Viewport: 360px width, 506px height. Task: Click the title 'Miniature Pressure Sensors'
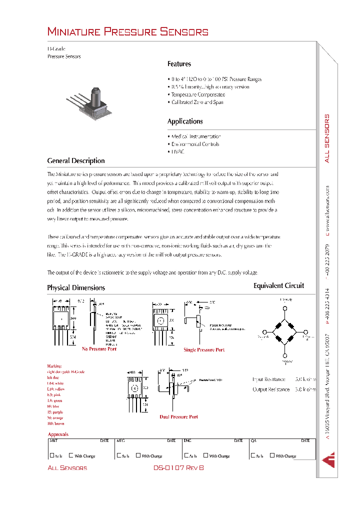(127, 32)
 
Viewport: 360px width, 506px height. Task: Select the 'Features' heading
(179, 64)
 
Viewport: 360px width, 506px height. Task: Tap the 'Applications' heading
(185, 121)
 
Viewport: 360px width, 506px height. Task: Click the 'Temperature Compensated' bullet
(197, 94)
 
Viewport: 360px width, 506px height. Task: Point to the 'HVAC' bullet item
(177, 151)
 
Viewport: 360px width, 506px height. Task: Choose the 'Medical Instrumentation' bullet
(195, 136)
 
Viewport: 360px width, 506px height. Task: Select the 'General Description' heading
(76, 161)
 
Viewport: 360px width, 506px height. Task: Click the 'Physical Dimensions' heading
(76, 288)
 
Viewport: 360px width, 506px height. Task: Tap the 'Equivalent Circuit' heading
(278, 286)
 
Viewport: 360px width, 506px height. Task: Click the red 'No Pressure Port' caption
(99, 348)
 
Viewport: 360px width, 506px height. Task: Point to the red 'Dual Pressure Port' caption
(178, 416)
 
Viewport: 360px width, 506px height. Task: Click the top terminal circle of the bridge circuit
(285, 308)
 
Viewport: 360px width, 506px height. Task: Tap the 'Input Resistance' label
(269, 379)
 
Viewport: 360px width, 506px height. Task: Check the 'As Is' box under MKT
(51, 455)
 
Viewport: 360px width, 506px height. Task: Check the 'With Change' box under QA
(272, 455)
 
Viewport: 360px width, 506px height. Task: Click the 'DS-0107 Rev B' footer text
(178, 468)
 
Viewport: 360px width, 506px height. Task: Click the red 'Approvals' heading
(58, 434)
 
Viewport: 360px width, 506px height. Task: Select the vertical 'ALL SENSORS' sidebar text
(327, 138)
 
